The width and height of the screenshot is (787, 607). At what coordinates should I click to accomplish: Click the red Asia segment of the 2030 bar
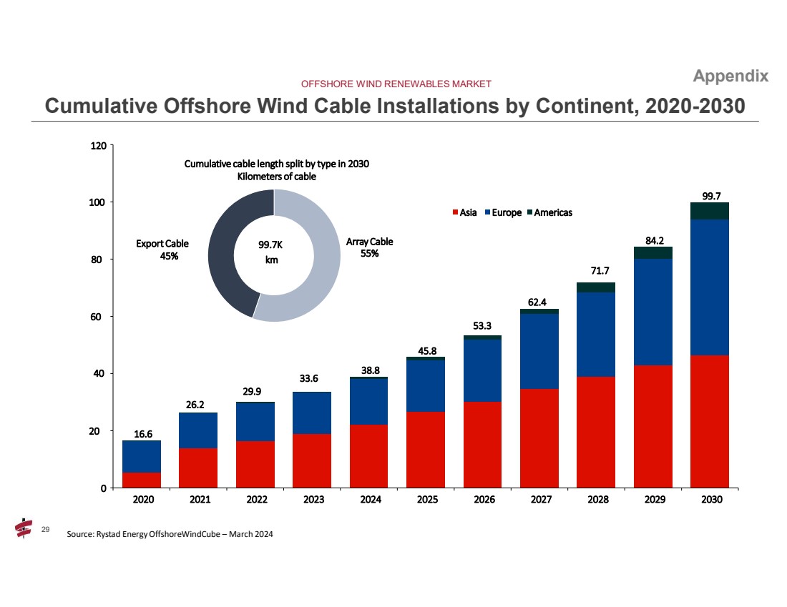click(709, 421)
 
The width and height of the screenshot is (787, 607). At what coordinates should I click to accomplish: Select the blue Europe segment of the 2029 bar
click(652, 312)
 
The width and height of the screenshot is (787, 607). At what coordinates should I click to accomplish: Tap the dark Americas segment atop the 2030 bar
click(709, 211)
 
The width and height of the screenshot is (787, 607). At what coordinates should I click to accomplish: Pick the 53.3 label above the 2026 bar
click(482, 326)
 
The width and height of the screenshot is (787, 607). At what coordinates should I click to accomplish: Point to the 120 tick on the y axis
click(98, 146)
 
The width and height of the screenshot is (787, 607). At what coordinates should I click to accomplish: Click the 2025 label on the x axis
click(426, 500)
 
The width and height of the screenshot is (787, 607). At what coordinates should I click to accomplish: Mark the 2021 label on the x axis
click(199, 500)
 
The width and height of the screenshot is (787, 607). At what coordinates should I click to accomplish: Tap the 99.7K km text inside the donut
click(272, 252)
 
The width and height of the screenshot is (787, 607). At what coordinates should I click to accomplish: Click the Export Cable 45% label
click(162, 250)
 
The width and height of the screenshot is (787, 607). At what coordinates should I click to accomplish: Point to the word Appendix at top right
click(730, 77)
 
